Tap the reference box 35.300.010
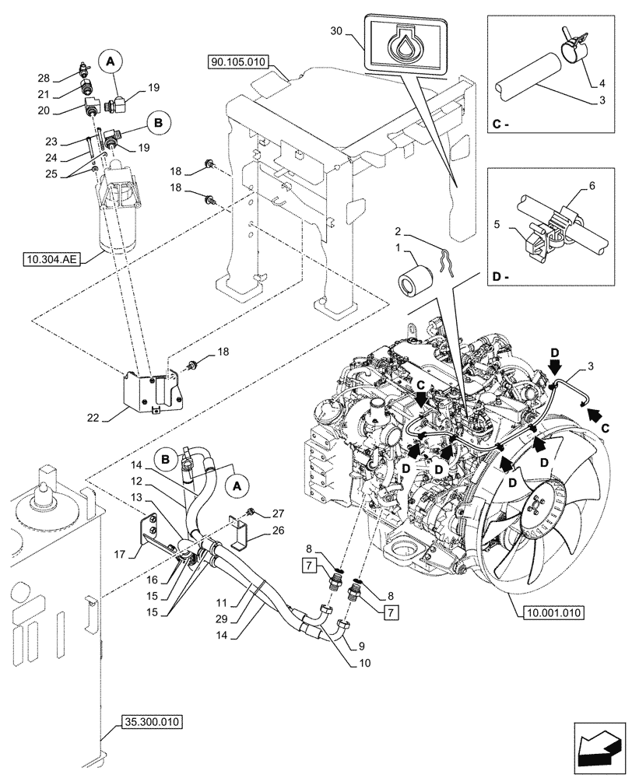[x=151, y=722]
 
